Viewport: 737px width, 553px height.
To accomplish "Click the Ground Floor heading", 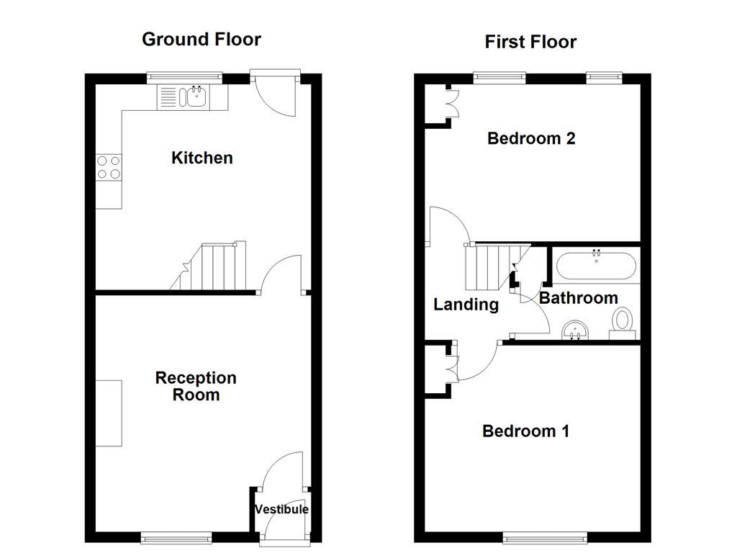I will click(x=201, y=39).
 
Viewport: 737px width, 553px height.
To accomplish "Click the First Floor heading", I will click(x=530, y=42).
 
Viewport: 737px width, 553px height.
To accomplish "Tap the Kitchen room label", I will click(x=202, y=158).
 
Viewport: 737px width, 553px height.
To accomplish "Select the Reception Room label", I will click(x=196, y=387).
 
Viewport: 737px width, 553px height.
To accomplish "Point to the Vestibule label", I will click(x=281, y=510).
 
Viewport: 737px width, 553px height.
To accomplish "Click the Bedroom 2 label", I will click(x=531, y=138).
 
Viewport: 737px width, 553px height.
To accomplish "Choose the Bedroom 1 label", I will click(x=525, y=431).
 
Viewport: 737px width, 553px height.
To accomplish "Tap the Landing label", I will click(x=466, y=305).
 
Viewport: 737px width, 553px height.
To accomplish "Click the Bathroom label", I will click(x=578, y=298).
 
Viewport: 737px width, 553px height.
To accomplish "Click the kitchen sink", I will click(x=192, y=96).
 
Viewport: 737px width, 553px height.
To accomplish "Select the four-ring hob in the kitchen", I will click(x=109, y=168).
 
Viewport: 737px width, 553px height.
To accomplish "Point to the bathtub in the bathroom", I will click(x=595, y=265).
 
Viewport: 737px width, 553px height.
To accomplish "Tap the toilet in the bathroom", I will click(x=622, y=322).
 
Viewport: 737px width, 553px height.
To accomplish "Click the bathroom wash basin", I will click(x=575, y=330).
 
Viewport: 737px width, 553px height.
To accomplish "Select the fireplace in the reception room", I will click(x=109, y=413).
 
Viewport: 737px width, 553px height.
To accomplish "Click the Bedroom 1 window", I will click(x=544, y=537).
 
